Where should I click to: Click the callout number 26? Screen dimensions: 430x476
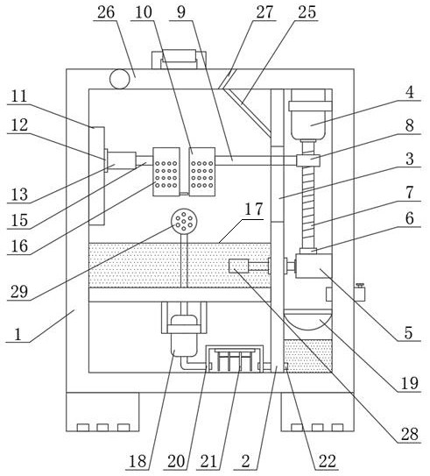(106, 12)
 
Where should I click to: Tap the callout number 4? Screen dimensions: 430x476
(410, 92)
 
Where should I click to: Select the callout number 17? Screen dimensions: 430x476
(253, 210)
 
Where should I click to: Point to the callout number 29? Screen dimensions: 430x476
(19, 292)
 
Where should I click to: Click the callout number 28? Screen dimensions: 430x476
(410, 434)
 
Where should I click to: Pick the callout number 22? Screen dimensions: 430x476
(328, 461)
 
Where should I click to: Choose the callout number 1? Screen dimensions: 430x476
(18, 334)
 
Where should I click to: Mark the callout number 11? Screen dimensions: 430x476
(19, 96)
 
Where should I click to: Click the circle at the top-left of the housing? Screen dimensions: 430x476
(119, 79)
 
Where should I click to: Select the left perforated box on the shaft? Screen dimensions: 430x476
(166, 172)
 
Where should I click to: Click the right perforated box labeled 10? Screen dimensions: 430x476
(202, 172)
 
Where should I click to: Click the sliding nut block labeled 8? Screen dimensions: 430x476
(308, 160)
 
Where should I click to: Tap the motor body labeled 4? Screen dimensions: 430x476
(308, 114)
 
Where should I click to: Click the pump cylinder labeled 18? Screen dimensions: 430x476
(184, 336)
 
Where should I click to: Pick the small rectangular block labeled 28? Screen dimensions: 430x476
(239, 266)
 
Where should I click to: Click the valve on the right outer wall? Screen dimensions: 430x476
(360, 292)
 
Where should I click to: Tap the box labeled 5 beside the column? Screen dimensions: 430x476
(314, 266)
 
